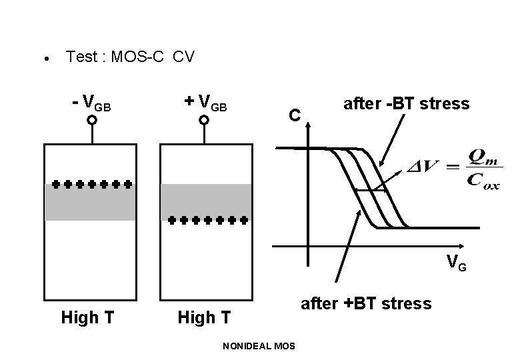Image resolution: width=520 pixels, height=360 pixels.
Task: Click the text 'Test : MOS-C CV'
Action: point(130,57)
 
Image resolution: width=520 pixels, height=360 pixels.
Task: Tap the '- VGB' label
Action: point(91,103)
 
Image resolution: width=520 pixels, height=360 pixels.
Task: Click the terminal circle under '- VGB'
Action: point(91,121)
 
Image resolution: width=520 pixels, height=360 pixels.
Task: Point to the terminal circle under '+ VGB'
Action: point(204,121)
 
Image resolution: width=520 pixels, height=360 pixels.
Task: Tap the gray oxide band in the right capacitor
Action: point(205,200)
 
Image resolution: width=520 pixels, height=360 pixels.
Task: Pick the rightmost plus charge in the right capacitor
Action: point(244,219)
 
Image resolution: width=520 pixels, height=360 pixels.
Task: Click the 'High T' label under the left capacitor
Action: point(87,317)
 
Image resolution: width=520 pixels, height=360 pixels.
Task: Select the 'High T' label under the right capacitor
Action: point(204,317)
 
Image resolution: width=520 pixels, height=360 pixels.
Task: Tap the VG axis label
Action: point(456,263)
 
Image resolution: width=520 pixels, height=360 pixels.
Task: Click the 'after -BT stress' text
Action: point(405,103)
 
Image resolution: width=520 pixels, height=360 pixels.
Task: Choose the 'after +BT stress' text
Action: point(366,304)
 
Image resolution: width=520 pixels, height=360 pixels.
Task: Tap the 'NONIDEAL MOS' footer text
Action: point(260,346)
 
